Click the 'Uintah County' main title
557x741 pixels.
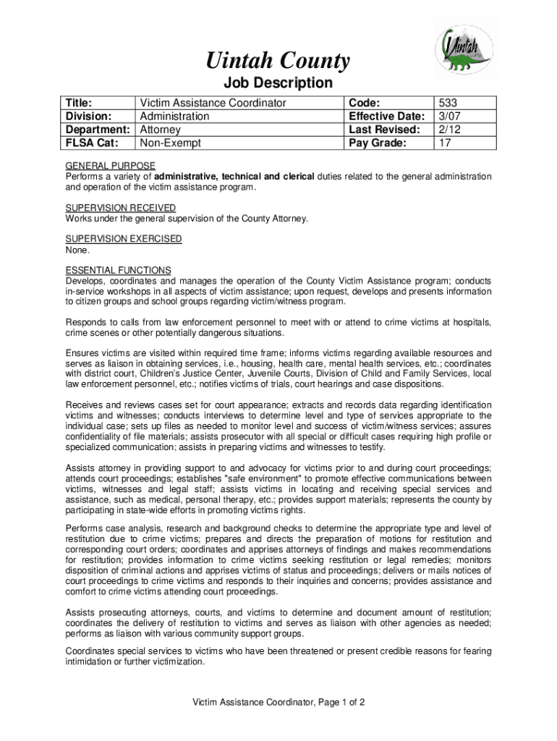click(278, 61)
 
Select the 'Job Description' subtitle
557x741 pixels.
click(278, 83)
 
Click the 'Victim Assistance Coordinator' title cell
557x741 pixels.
click(213, 103)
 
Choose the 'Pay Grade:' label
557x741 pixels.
click(378, 143)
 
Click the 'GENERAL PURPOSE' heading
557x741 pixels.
click(110, 166)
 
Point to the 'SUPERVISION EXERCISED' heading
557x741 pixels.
click(124, 239)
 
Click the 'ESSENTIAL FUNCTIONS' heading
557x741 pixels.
click(119, 270)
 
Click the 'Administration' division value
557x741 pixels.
click(174, 116)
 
